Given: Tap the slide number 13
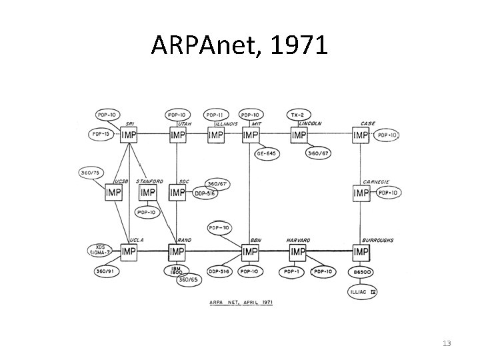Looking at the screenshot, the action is [447, 343].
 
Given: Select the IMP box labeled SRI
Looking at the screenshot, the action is [129, 135].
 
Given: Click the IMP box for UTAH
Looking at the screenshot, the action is [177, 135].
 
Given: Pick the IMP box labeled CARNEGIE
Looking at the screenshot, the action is [361, 193].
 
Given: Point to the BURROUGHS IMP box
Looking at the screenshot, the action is [361, 251].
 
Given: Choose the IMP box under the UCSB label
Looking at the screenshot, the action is [114, 193].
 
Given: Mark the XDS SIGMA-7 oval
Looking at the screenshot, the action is [100, 251].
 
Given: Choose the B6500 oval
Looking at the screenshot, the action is [362, 272].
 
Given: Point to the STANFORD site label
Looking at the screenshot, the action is [149, 181].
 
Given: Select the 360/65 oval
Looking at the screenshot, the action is [189, 280].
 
